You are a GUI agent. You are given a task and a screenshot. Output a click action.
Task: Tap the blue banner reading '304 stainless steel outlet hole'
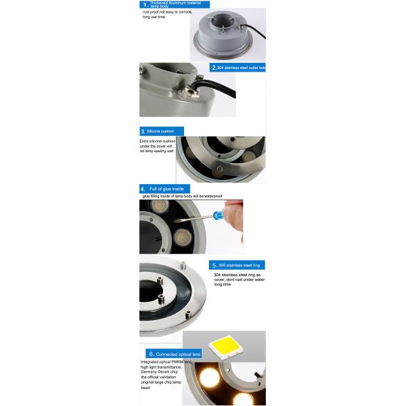click(x=238, y=68)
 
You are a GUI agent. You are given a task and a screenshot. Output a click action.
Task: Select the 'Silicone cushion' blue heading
click(x=157, y=131)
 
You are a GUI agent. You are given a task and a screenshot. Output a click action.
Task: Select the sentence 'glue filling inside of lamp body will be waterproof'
click(x=182, y=196)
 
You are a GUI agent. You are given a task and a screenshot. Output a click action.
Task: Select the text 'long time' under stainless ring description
click(x=223, y=285)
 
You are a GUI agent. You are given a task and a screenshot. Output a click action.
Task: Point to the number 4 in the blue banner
click(x=143, y=189)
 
